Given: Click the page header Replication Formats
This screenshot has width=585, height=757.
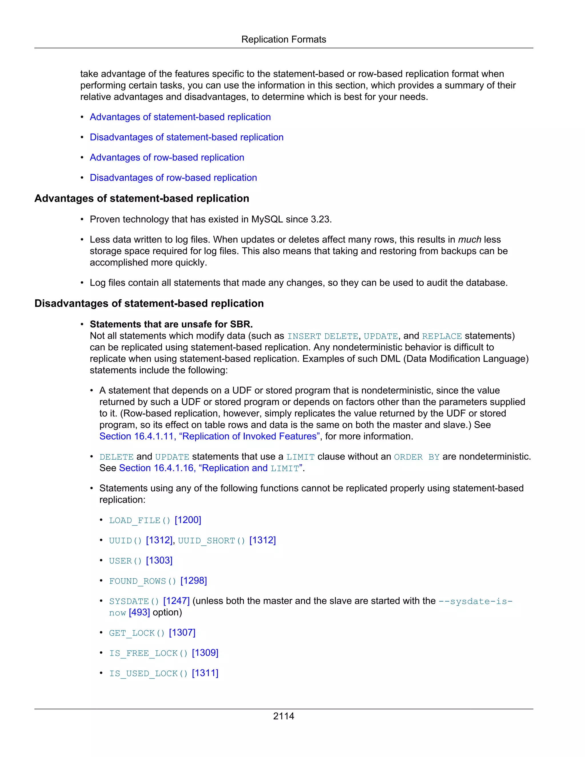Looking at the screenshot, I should pyautogui.click(x=283, y=39).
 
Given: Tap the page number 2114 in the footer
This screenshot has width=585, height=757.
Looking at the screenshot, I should pyautogui.click(x=283, y=716).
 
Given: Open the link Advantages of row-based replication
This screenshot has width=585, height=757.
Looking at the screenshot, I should pyautogui.click(x=167, y=157).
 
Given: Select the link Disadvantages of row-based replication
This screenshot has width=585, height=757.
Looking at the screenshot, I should pyautogui.click(x=173, y=177).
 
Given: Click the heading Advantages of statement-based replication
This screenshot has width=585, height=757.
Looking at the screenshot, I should pyautogui.click(x=142, y=198).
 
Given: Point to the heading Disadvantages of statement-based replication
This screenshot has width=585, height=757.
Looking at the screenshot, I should pyautogui.click(x=149, y=303).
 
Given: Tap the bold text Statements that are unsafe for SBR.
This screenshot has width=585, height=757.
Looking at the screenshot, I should pyautogui.click(x=171, y=324).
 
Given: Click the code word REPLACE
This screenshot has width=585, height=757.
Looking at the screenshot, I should pyautogui.click(x=442, y=336).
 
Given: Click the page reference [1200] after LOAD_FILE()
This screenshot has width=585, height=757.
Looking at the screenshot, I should pyautogui.click(x=188, y=520).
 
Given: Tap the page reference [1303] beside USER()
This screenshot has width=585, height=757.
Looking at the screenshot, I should pyautogui.click(x=159, y=560).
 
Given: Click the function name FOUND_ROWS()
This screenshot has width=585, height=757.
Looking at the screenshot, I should pyautogui.click(x=143, y=581).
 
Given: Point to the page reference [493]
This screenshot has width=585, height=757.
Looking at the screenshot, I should pyautogui.click(x=139, y=612).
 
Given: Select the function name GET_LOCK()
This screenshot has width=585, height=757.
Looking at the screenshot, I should pyautogui.click(x=137, y=633).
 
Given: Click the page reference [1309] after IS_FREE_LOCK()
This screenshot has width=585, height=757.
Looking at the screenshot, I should pyautogui.click(x=205, y=653).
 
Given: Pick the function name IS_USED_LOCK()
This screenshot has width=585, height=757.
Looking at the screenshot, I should pyautogui.click(x=148, y=674).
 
